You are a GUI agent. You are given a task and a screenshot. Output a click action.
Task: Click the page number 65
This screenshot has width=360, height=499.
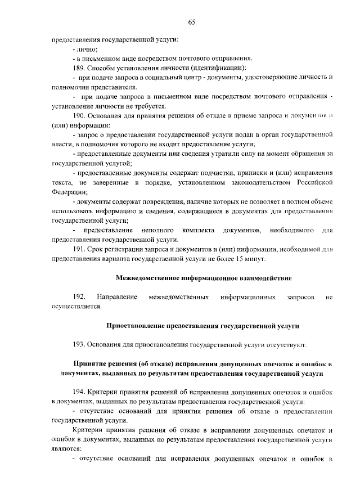(191, 23)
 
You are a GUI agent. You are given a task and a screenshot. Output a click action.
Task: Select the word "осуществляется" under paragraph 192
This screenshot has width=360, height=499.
(75, 306)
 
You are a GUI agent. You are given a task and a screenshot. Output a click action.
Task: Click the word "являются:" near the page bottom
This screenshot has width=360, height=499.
(66, 449)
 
